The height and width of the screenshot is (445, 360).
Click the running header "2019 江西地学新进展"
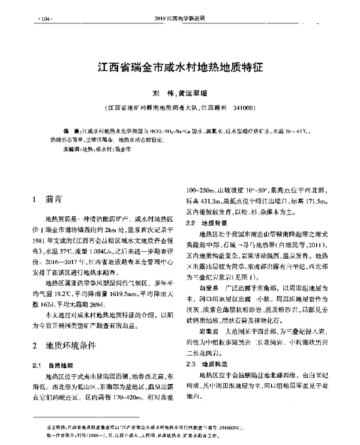(179, 19)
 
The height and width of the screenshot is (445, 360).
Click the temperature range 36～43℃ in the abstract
(295, 130)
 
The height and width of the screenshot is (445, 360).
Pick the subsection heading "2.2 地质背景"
(210, 223)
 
